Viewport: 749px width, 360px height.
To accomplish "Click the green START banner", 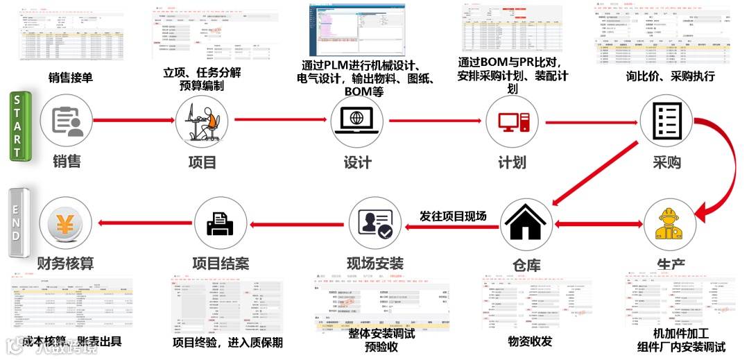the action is pos(17,127).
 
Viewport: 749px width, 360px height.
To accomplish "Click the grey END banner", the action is pos(17,216).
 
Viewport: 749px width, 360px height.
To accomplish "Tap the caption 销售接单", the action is pos(71,78).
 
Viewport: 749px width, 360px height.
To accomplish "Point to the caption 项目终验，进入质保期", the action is pos(227,343).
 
